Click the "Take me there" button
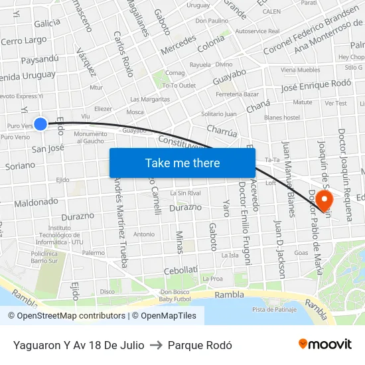coord(183,163)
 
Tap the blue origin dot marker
coord(40,124)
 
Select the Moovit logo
coord(325,344)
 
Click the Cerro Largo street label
coord(24,41)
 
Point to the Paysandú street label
coord(39,59)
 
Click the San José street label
coord(48,149)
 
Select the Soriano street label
coord(20,165)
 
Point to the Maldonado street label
coord(36,202)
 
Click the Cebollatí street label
coord(181,270)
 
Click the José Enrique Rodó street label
coord(316,85)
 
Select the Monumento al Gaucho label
coord(90,137)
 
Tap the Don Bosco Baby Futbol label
coord(175,296)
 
